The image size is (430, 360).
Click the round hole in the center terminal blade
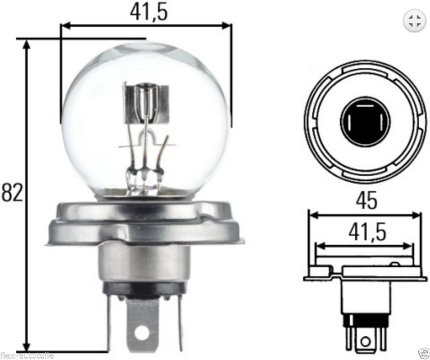(x=143, y=333)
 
